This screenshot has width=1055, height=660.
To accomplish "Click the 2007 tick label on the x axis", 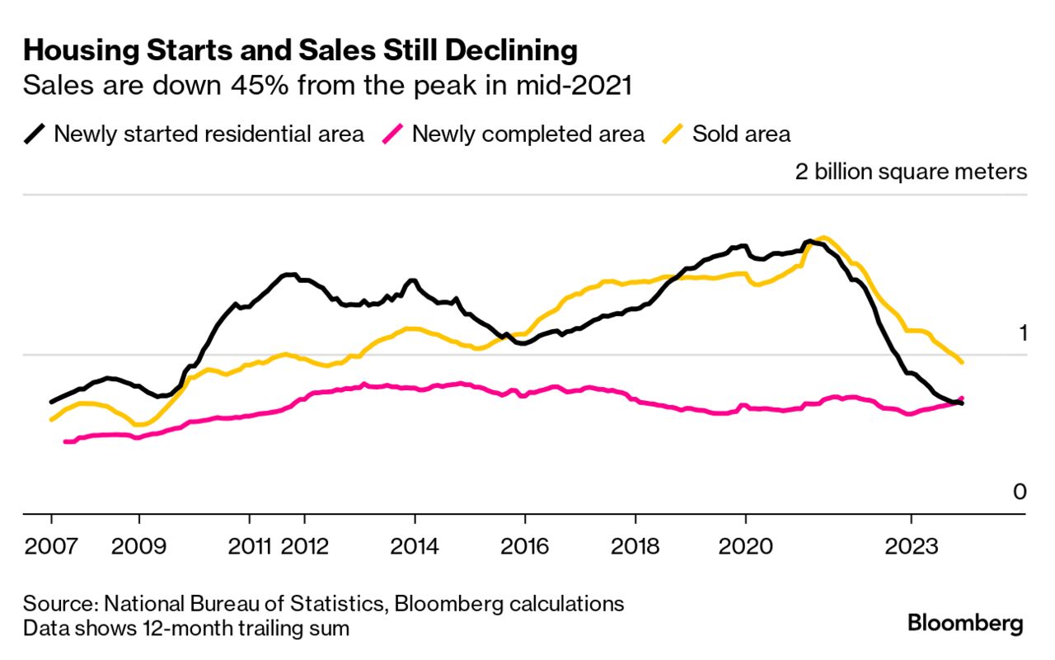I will (x=51, y=546).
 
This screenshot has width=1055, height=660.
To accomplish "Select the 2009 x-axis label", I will (x=139, y=546).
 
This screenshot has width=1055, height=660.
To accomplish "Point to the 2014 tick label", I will (x=415, y=546).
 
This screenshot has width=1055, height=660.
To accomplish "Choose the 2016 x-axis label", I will (x=525, y=546).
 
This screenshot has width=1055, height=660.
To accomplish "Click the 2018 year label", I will (x=635, y=546).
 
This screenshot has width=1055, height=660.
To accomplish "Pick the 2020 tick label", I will (x=746, y=546).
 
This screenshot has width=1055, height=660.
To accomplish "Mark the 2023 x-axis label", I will (x=911, y=546).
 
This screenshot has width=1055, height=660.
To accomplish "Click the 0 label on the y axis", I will (x=1020, y=493).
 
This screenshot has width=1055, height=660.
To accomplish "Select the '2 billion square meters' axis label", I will (x=911, y=172).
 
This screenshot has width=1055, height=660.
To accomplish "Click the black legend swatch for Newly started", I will (x=35, y=134).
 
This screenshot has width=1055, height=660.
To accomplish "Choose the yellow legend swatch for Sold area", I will (x=673, y=134).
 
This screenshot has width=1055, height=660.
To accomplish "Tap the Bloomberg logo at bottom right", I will (x=965, y=624).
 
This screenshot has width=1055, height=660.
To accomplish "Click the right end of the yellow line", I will (x=962, y=361).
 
